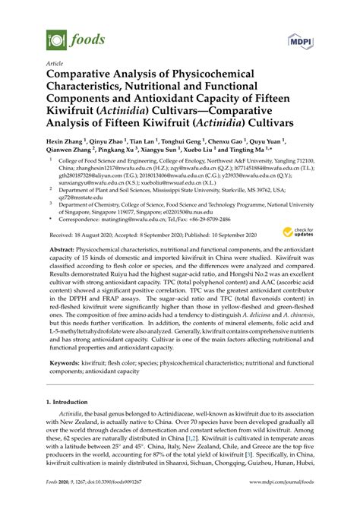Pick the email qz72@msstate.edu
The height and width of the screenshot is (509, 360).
tap(74, 194)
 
